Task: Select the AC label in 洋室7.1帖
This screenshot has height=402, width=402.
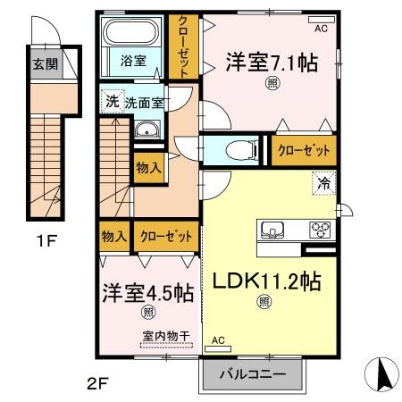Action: pos(320,29)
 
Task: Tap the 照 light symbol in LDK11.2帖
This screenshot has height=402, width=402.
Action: pos(264,302)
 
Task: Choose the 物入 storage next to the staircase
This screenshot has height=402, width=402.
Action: pos(148,166)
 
